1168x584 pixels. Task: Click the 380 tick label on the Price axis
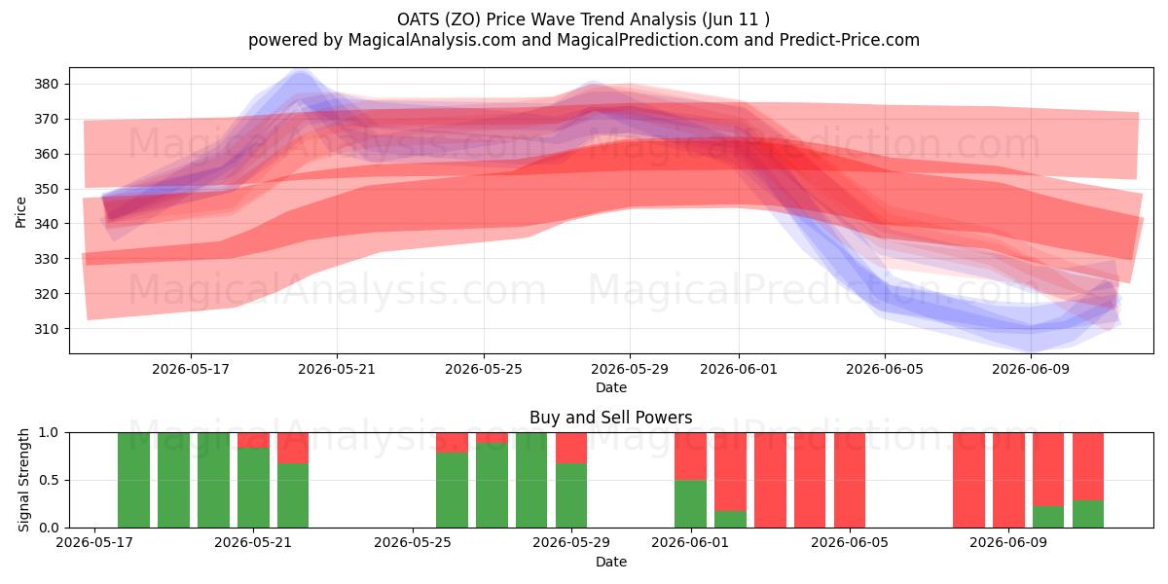tap(46, 84)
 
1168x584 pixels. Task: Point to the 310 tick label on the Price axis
tap(46, 329)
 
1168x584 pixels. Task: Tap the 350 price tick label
tap(46, 189)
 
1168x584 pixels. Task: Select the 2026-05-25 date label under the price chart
tap(484, 369)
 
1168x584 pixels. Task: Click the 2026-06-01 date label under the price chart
tap(739, 369)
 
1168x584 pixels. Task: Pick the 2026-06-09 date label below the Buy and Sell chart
tap(1008, 542)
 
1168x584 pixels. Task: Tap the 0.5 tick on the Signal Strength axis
tap(49, 480)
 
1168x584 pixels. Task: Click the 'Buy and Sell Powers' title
tap(610, 418)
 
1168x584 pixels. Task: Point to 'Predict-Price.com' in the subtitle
tap(850, 40)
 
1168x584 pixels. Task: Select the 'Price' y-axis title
tap(20, 212)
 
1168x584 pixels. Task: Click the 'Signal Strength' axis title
tap(23, 480)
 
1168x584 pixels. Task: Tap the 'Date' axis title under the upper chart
tap(611, 387)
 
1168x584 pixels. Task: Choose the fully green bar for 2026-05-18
tap(133, 480)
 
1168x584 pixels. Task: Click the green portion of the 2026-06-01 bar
tap(690, 504)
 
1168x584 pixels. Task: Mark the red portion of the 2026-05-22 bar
tap(293, 448)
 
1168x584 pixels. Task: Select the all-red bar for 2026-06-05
tap(850, 480)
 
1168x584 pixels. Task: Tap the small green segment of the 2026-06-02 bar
tap(730, 520)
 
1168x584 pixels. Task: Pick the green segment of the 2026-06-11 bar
tap(1088, 514)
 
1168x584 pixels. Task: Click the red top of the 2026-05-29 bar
tap(571, 448)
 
